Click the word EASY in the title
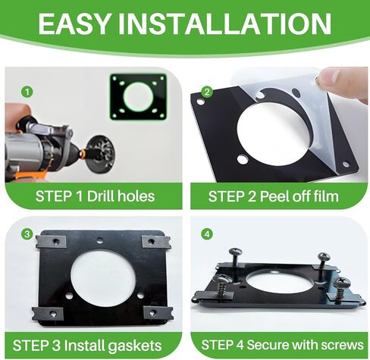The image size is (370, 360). [74, 23]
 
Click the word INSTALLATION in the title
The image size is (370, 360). [224, 23]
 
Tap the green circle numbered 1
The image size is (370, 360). [27, 92]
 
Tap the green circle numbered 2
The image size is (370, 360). [207, 92]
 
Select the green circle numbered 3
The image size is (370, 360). [27, 234]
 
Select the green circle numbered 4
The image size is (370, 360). [207, 234]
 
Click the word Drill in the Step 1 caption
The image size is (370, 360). [101, 196]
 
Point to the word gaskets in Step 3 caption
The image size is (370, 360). [135, 346]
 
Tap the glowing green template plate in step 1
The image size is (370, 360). [138, 97]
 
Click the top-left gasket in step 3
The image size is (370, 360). [51, 242]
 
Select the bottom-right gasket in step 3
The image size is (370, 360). [158, 313]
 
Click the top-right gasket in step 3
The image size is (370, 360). [156, 242]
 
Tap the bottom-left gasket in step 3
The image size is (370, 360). [48, 314]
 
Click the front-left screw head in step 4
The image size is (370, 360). [222, 279]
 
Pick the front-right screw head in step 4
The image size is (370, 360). [341, 281]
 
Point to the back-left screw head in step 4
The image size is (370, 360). [235, 252]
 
